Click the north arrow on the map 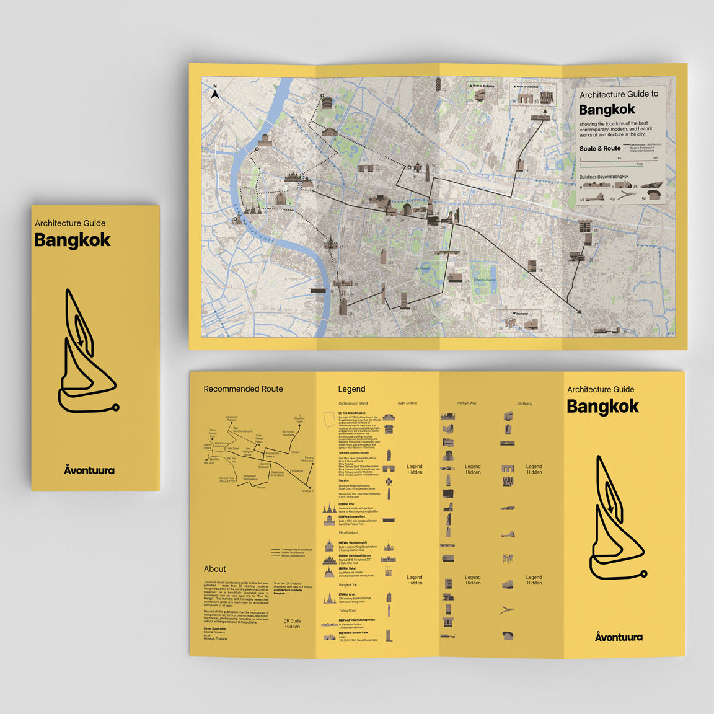[215, 93]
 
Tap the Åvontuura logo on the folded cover [89, 470]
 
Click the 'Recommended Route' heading [243, 389]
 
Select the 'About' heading [214, 569]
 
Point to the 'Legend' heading [351, 389]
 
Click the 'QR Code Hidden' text [293, 624]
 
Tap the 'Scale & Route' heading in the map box [599, 149]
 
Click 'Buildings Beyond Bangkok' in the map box [604, 177]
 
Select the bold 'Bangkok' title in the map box [607, 110]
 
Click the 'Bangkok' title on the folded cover [73, 240]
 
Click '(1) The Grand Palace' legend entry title [352, 413]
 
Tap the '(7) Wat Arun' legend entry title [347, 594]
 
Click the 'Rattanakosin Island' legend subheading [353, 403]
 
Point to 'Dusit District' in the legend [407, 403]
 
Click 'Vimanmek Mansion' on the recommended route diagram [231, 419]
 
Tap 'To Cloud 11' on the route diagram [307, 491]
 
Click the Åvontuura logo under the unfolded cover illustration [619, 637]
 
